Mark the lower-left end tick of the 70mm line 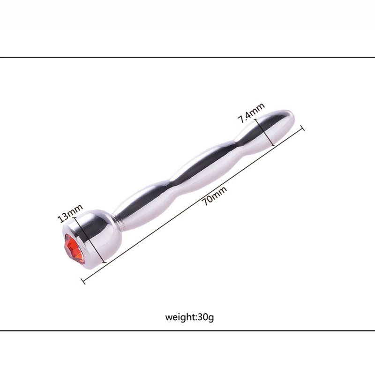(x=83, y=281)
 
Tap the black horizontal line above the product (x=187, y=57)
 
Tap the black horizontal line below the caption (x=187, y=330)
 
